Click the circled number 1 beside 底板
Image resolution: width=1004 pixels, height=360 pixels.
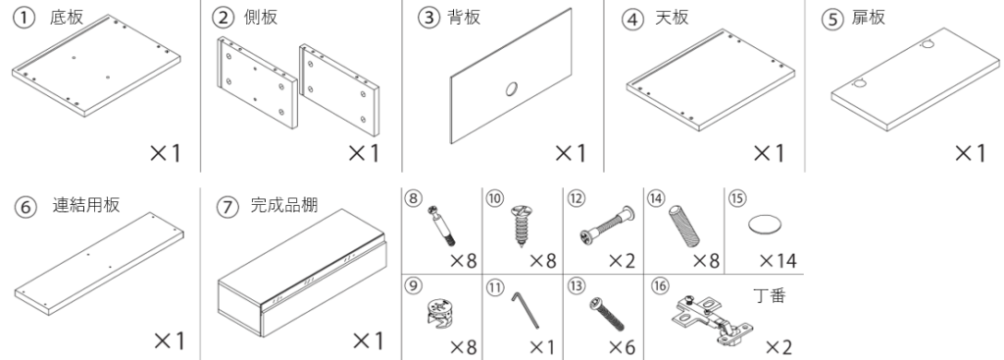click(x=24, y=18)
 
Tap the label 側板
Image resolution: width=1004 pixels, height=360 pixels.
click(x=261, y=18)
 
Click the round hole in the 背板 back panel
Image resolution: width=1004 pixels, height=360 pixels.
click(x=512, y=89)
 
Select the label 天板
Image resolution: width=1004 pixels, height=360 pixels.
click(x=672, y=18)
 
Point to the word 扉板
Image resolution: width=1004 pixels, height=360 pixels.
click(x=869, y=18)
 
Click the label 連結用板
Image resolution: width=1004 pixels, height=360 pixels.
click(x=86, y=206)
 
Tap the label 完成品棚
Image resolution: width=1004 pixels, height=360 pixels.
click(x=283, y=206)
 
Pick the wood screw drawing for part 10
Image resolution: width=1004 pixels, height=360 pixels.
click(x=522, y=226)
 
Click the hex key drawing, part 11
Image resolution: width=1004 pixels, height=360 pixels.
click(x=526, y=311)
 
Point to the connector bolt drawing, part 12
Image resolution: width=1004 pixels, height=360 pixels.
click(x=607, y=227)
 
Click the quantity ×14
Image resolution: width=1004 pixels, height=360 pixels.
click(x=778, y=261)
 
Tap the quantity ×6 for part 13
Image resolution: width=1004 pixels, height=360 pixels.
click(x=622, y=347)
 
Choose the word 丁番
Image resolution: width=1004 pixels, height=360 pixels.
click(x=769, y=295)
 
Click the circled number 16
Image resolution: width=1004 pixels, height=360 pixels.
click(x=660, y=285)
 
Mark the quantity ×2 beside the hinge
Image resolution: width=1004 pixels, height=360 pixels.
click(x=779, y=347)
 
